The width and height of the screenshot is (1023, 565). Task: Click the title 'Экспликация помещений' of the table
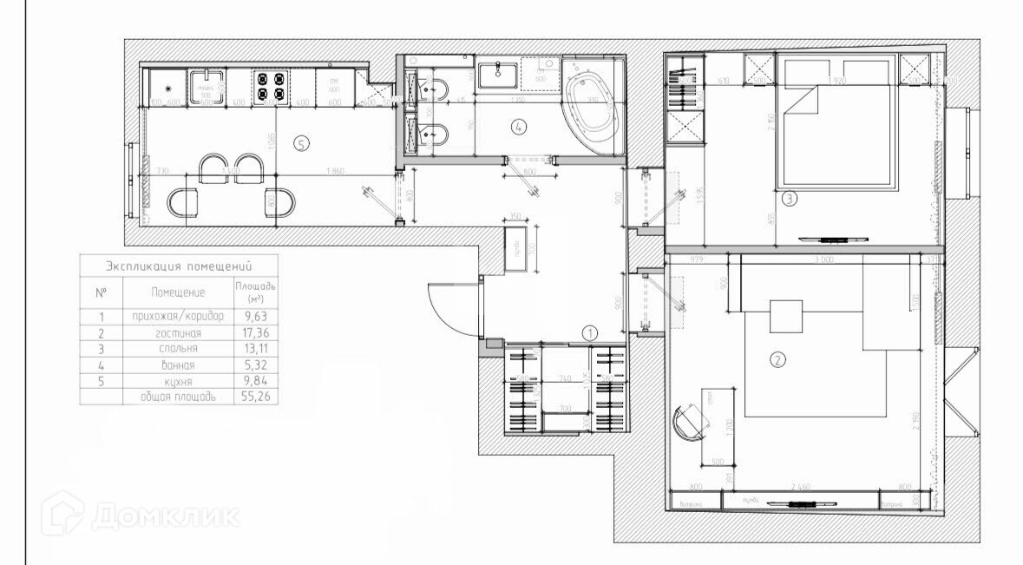[178, 266]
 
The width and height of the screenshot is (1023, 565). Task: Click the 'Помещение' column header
[178, 292]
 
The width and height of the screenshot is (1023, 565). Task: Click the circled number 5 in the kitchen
[301, 144]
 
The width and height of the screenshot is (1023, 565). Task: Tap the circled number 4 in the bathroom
[519, 127]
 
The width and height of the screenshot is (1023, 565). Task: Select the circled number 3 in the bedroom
[789, 199]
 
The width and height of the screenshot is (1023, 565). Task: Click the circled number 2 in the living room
[778, 358]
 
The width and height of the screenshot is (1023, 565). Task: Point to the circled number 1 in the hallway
[588, 332]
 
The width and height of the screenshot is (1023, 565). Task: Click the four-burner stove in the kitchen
[270, 86]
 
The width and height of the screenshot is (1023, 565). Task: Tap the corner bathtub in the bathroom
[593, 108]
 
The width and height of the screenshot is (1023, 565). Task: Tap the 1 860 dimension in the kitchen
[335, 170]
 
